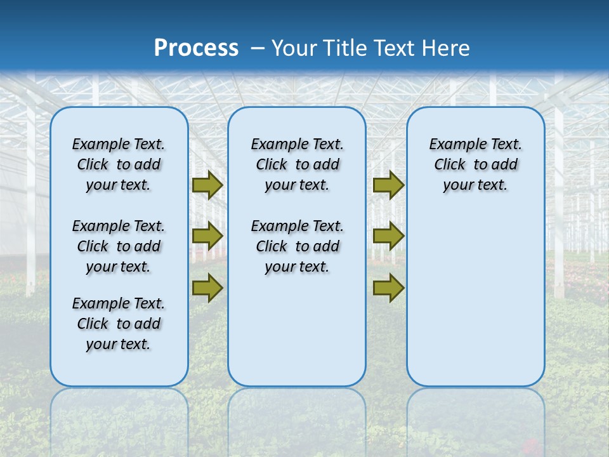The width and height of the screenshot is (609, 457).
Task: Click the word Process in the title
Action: (196, 48)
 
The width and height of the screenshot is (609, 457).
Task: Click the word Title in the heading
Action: (343, 48)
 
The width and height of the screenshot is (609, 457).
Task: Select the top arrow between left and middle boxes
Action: (207, 185)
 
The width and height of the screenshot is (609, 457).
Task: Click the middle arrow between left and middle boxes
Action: (207, 235)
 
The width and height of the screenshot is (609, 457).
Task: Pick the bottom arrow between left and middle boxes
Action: (207, 288)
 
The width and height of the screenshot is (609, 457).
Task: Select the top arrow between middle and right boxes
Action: (388, 185)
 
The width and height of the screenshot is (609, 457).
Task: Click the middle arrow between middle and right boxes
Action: (388, 235)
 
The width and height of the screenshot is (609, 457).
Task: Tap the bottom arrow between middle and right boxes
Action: (388, 288)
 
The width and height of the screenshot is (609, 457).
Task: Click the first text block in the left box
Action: (119, 164)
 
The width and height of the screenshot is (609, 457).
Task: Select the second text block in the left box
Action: (119, 246)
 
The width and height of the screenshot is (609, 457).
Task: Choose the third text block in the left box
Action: (119, 324)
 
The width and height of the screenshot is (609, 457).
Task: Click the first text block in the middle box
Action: (297, 164)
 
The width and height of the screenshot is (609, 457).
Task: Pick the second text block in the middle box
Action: (297, 246)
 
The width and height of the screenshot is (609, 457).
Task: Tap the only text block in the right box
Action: (475, 164)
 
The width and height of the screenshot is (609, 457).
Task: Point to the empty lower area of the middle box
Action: (297, 330)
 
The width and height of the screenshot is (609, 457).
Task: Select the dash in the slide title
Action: (258, 48)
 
